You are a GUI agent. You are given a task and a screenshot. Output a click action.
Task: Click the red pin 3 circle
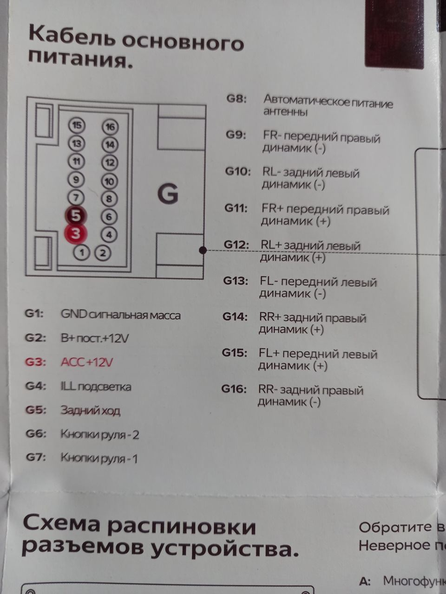[75, 233]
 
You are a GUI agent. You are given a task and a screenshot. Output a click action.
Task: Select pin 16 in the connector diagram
[110, 127]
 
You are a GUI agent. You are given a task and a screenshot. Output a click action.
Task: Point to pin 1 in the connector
[82, 253]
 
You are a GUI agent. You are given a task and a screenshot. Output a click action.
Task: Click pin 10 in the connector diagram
[109, 181]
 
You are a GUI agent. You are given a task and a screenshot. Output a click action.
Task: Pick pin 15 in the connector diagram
[77, 125]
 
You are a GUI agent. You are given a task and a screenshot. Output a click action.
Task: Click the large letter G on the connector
[168, 194]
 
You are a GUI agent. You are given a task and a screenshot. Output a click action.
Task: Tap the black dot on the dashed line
[203, 250]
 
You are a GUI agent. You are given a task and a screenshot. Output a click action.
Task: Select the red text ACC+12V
[87, 362]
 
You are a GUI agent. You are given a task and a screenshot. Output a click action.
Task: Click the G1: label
[35, 314]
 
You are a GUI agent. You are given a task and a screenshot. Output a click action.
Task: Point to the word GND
[74, 314]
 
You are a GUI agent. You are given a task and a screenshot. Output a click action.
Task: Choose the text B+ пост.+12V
[94, 338]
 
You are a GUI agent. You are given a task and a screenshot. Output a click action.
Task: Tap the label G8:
[236, 99]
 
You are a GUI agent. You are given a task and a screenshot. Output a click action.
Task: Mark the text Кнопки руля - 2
[100, 434]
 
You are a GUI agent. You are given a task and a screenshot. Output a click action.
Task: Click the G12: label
[236, 245]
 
